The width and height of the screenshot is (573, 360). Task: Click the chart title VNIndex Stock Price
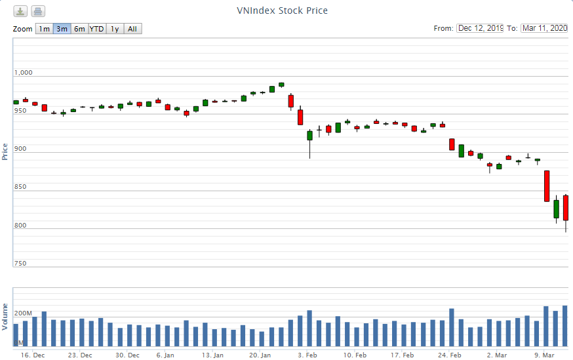(x=282, y=10)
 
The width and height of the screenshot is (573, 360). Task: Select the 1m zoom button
(x=44, y=29)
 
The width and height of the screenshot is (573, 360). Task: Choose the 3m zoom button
(x=62, y=29)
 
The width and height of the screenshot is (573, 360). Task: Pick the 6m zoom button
(x=79, y=29)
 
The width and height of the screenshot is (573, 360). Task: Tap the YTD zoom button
(x=96, y=29)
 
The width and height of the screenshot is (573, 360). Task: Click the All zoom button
(x=132, y=29)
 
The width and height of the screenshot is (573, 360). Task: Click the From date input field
(x=480, y=28)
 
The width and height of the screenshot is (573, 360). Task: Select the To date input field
(x=544, y=28)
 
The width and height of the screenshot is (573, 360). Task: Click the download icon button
(x=21, y=11)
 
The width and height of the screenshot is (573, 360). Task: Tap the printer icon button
(x=38, y=11)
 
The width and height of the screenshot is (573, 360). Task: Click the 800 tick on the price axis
(x=20, y=226)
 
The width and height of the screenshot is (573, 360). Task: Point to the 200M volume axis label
(x=24, y=313)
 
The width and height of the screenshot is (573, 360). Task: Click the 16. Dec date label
(x=33, y=355)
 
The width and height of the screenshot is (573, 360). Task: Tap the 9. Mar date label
(x=544, y=355)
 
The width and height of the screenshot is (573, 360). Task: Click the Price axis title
(x=5, y=151)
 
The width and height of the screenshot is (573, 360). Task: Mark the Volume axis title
(x=5, y=316)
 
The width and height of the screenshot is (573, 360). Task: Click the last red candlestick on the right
(x=566, y=208)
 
